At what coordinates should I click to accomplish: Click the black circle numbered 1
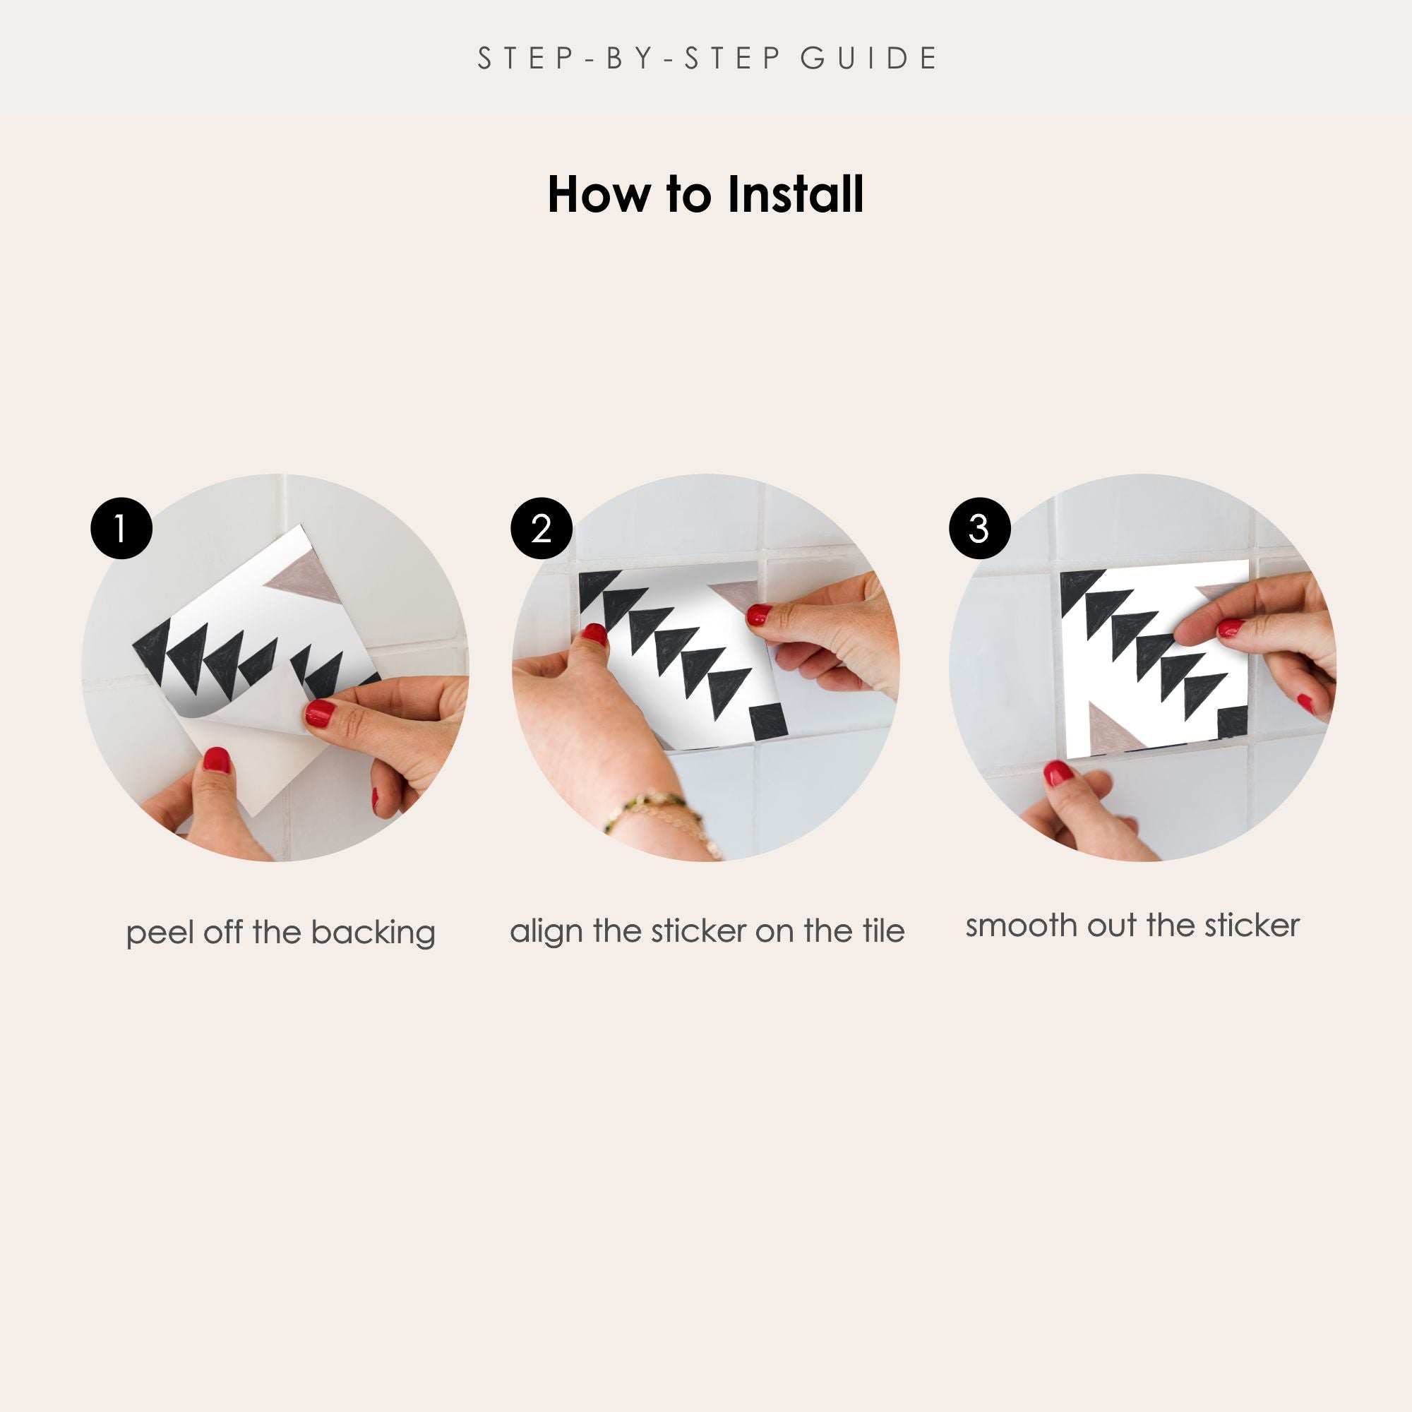(121, 528)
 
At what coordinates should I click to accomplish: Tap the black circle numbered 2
(541, 528)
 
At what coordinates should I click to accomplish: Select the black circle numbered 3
(979, 528)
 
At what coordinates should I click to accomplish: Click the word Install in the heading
(795, 194)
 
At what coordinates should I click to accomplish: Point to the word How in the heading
(598, 194)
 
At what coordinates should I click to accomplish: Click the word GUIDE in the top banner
(869, 59)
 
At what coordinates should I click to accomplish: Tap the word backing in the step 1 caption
(373, 934)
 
